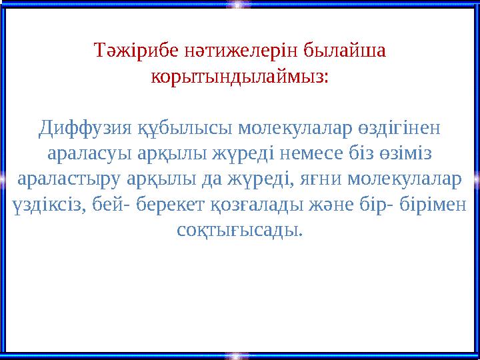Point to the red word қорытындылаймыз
pos(240,76)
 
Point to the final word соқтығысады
pos(240,230)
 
